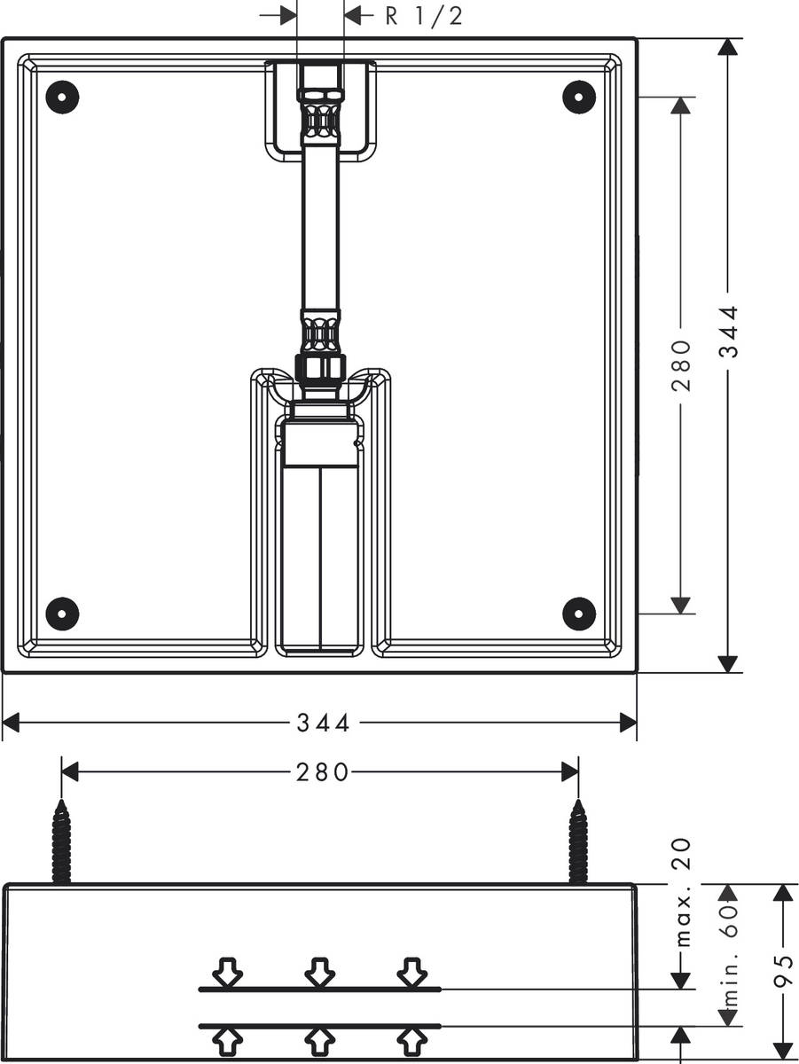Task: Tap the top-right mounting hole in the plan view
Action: pyautogui.click(x=578, y=96)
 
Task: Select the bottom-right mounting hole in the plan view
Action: pyautogui.click(x=578, y=613)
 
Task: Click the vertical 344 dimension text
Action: pyautogui.click(x=728, y=332)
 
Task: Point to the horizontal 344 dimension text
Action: pyautogui.click(x=323, y=724)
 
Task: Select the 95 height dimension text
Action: pyautogui.click(x=782, y=971)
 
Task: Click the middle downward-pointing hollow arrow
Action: pyautogui.click(x=319, y=972)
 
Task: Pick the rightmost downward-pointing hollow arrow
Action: pyautogui.click(x=410, y=972)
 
